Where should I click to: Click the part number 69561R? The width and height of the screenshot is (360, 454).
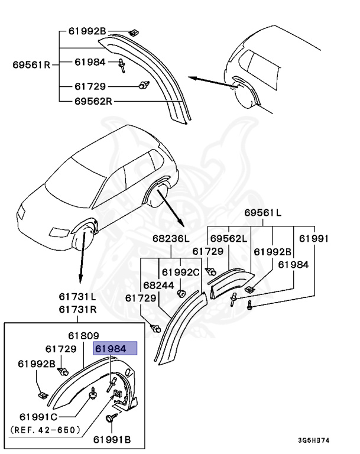pos(31,64)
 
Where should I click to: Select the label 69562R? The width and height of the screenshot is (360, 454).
pos(93,101)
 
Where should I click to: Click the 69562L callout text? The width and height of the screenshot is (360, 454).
pos(228,238)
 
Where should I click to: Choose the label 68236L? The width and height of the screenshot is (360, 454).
pos(171,238)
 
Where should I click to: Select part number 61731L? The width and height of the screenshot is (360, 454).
pos(77,296)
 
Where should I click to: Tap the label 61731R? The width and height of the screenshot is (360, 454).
pos(77,309)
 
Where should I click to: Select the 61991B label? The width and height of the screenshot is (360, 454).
pos(112,439)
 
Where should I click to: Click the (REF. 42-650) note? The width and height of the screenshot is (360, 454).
pos(46,430)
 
